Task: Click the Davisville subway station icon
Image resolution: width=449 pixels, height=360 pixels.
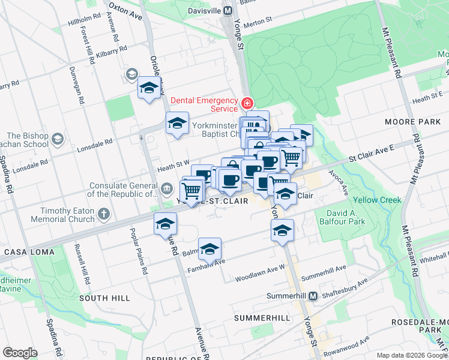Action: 227,10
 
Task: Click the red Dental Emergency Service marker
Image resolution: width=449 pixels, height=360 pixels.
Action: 247,103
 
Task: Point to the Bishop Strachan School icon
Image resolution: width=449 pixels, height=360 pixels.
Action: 58,139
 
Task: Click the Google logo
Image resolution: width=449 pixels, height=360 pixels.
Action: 20,352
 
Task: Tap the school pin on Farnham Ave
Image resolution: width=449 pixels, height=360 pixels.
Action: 209,248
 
